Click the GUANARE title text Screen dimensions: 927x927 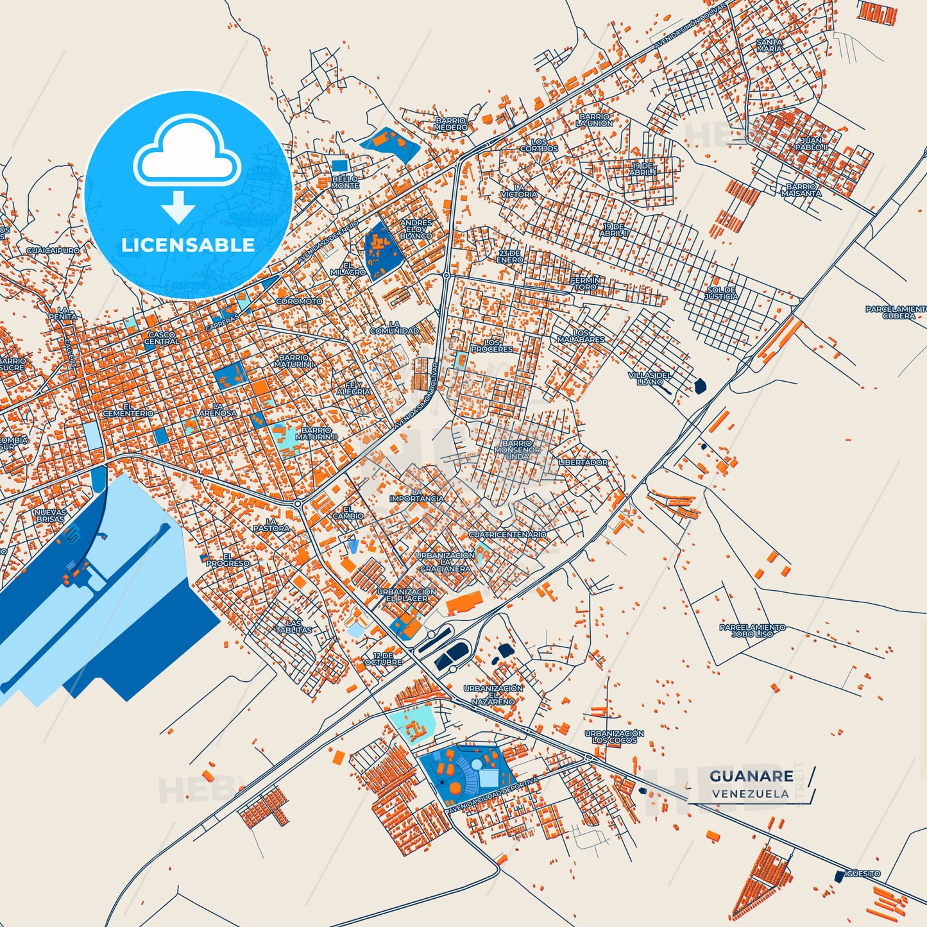751,776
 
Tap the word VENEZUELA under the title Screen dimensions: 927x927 750,794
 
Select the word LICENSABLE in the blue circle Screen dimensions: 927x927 188,245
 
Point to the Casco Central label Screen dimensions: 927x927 162,338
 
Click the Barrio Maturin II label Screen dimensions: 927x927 316,434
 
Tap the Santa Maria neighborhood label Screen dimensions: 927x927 769,45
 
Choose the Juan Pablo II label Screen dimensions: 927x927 811,144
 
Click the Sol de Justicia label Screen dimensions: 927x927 721,293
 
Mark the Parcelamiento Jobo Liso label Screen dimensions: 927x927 752,630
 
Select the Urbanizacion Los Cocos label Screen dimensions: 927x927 614,736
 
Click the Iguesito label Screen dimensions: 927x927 862,874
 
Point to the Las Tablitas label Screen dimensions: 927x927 294,626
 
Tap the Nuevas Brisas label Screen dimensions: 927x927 50,515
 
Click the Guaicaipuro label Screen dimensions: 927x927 53,251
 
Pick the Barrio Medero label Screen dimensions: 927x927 450,124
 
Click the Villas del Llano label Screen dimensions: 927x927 650,378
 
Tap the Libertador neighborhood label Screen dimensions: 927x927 583,462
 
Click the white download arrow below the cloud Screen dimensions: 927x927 178,207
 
